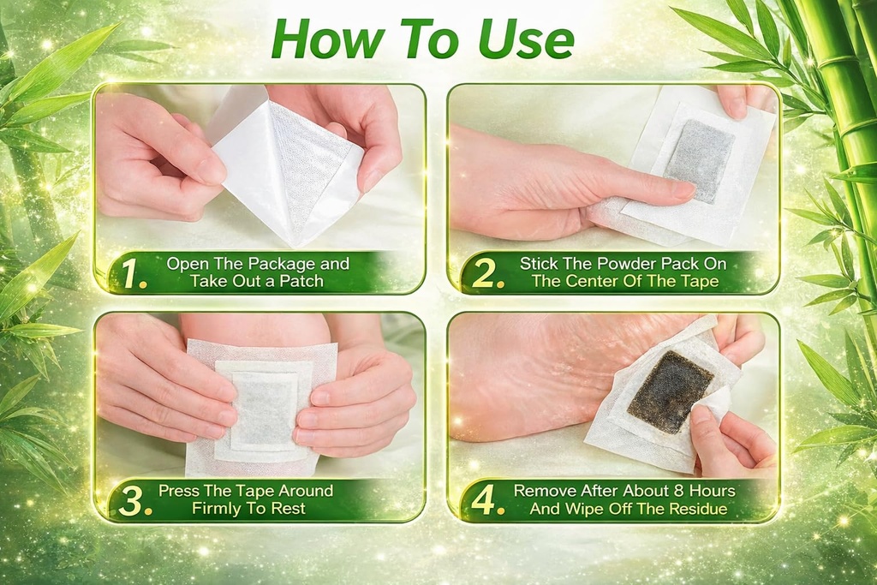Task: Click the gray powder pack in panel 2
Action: point(701,161)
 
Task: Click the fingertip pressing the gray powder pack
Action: point(684,191)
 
